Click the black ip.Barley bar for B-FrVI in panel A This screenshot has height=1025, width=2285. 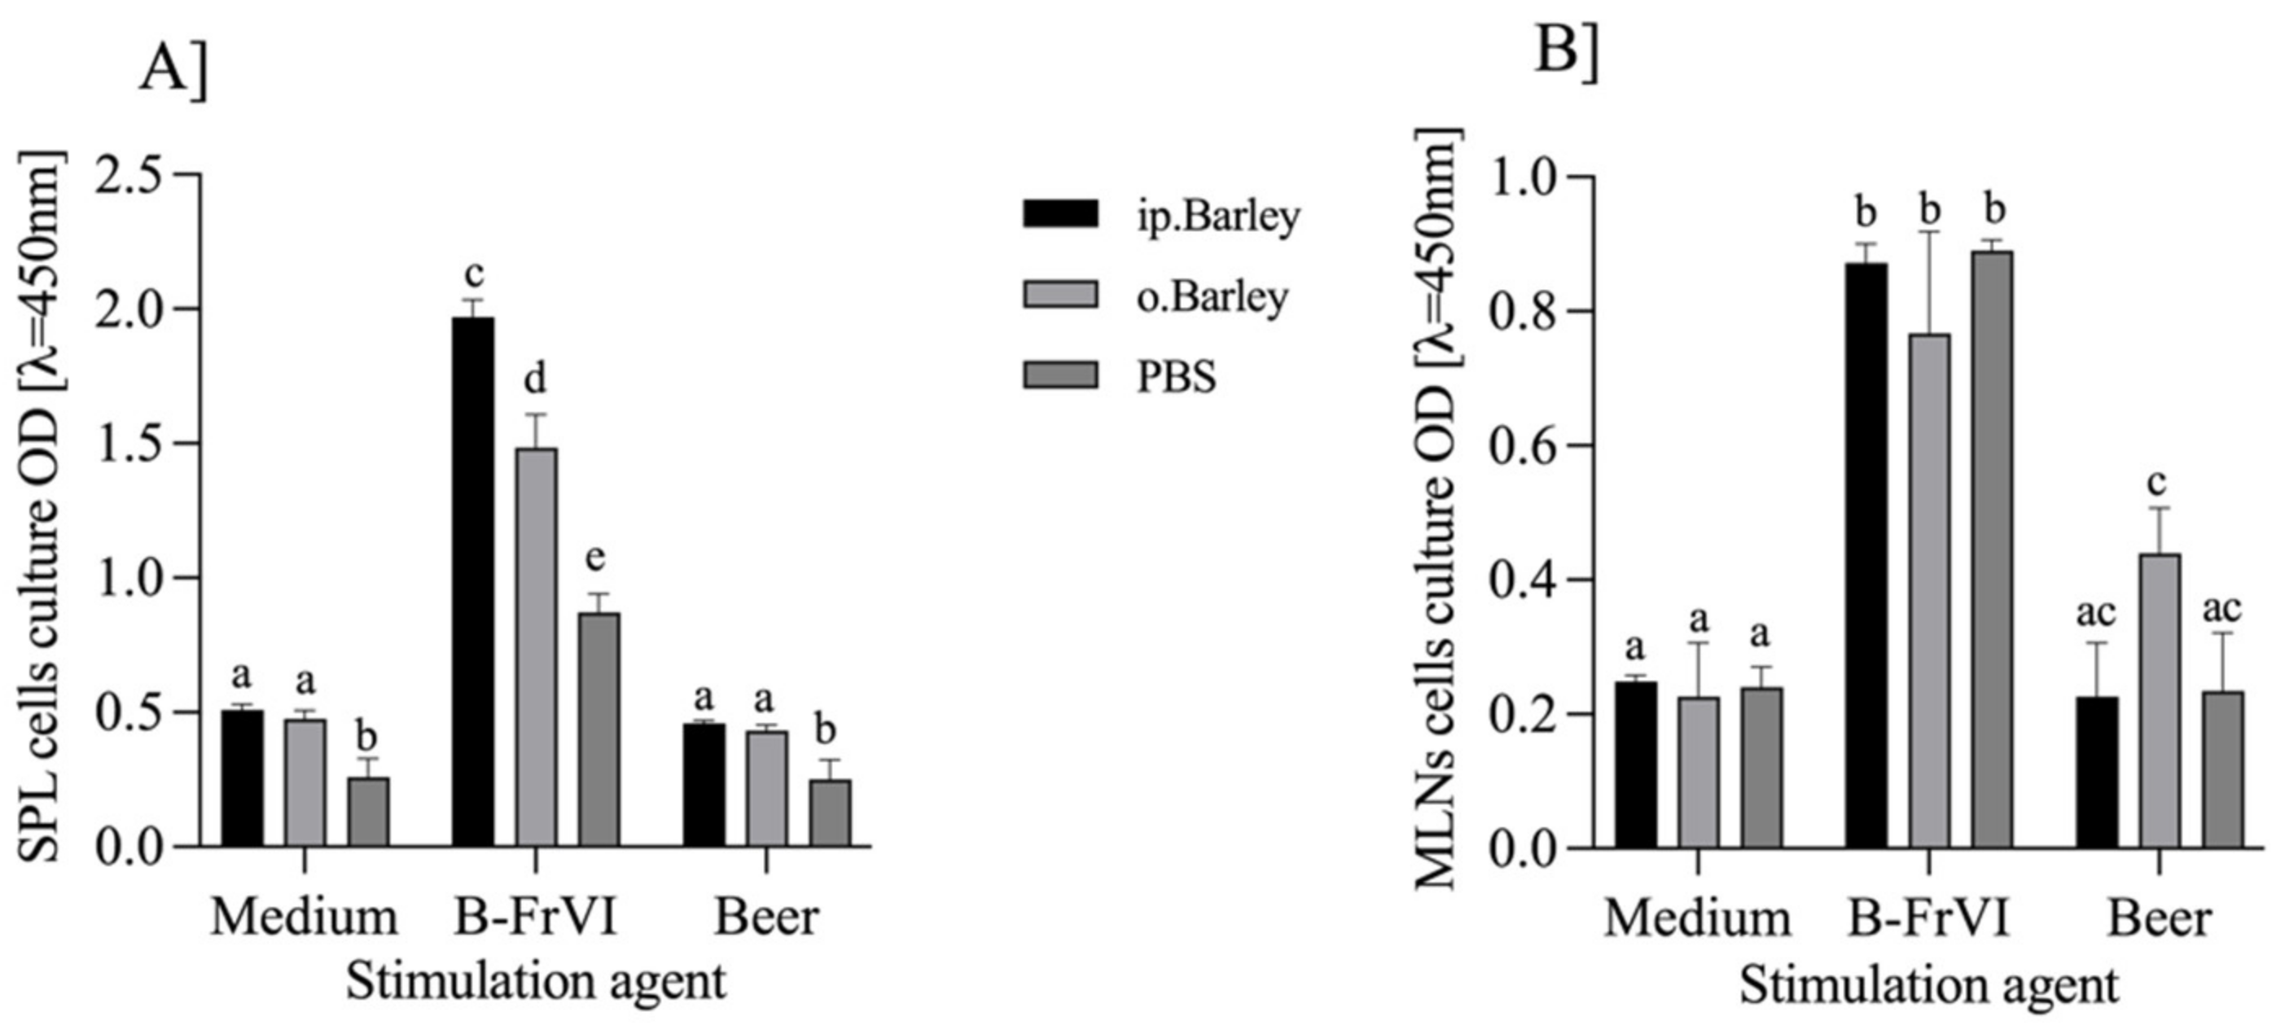tap(473, 580)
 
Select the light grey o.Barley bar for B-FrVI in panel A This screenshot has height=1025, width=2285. tap(536, 647)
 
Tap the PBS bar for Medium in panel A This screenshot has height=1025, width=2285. tap(367, 812)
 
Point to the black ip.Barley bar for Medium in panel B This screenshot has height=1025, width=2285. tap(1635, 764)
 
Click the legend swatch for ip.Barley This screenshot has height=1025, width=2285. tap(1060, 213)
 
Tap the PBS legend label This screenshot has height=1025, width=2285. tap(1176, 378)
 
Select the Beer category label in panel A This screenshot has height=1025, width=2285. tap(765, 918)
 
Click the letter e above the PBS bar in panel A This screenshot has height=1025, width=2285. tap(595, 558)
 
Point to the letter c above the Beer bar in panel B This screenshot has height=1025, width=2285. tap(2156, 484)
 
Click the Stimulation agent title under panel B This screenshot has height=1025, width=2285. tap(1928, 985)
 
